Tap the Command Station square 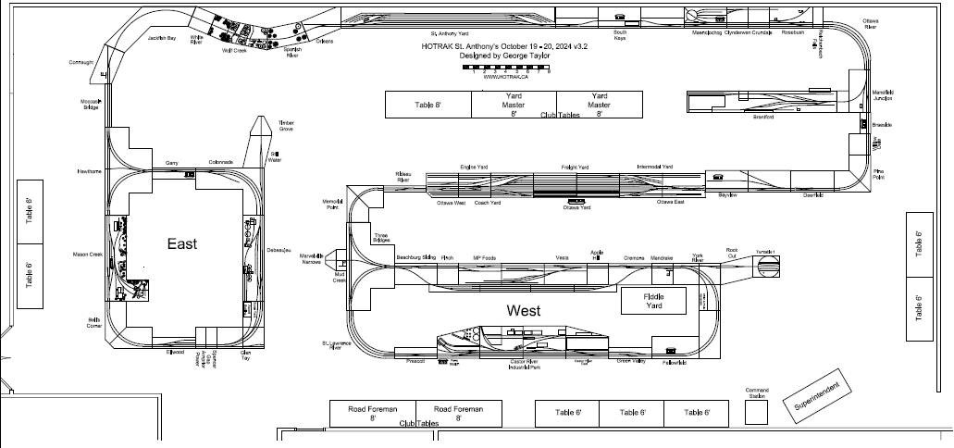(757, 412)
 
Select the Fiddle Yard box (653, 300)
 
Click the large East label (183, 243)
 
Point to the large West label (524, 310)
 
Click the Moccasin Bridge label (90, 105)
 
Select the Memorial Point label (332, 205)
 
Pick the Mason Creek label (88, 254)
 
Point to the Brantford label (763, 118)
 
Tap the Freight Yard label (576, 167)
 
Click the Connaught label (81, 63)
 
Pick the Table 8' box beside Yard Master (428, 105)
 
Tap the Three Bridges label (380, 238)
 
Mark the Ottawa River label (871, 23)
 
